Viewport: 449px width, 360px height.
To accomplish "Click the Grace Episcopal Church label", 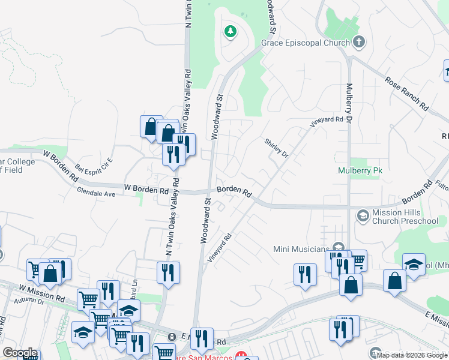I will [x=305, y=43].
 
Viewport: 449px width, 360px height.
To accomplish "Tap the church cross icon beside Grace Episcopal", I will [x=359, y=42].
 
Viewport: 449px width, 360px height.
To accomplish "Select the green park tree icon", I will [x=229, y=31].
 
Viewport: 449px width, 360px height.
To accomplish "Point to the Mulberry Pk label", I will [x=360, y=170].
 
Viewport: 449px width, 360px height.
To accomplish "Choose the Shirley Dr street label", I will [x=276, y=148].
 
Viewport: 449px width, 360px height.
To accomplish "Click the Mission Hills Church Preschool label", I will [x=405, y=217].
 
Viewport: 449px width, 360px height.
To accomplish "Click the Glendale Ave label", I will [x=95, y=194].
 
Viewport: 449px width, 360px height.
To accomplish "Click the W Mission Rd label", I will [x=41, y=293].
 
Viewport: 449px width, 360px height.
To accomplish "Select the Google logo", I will [x=20, y=353].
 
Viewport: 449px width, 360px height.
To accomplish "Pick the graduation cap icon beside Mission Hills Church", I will [x=363, y=215].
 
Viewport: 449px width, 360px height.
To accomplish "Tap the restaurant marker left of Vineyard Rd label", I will [x=169, y=273].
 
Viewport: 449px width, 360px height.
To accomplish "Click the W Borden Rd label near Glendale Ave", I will [x=146, y=189].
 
